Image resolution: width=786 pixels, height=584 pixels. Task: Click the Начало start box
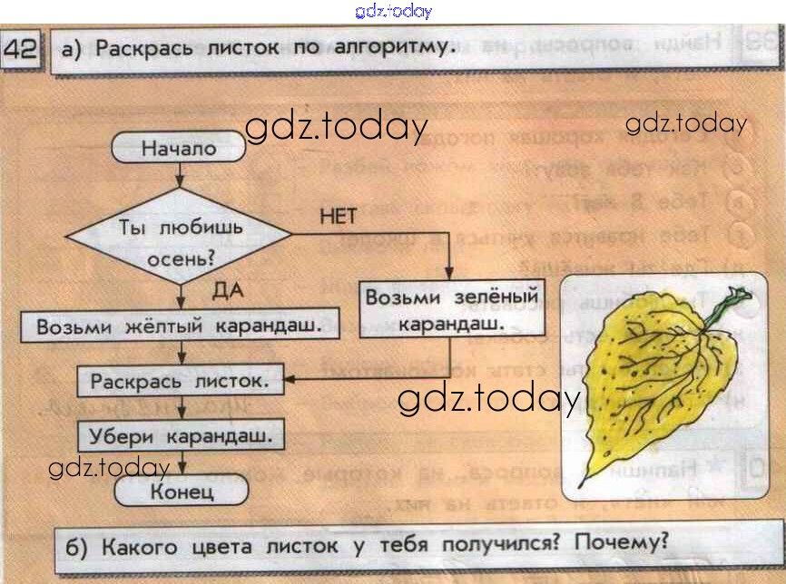pyautogui.click(x=179, y=149)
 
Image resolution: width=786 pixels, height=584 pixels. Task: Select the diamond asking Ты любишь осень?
pyautogui.click(x=179, y=240)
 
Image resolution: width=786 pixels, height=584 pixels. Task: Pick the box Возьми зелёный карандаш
pyautogui.click(x=451, y=309)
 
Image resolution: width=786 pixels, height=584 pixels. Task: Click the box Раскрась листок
pyautogui.click(x=179, y=382)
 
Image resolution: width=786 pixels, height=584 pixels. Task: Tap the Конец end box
pyautogui.click(x=182, y=492)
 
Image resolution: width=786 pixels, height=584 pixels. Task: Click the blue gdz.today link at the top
pyautogui.click(x=393, y=11)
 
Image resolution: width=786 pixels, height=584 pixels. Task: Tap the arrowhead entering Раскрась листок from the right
pyautogui.click(x=288, y=379)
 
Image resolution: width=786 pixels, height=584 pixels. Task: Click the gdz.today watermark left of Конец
pyautogui.click(x=109, y=468)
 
